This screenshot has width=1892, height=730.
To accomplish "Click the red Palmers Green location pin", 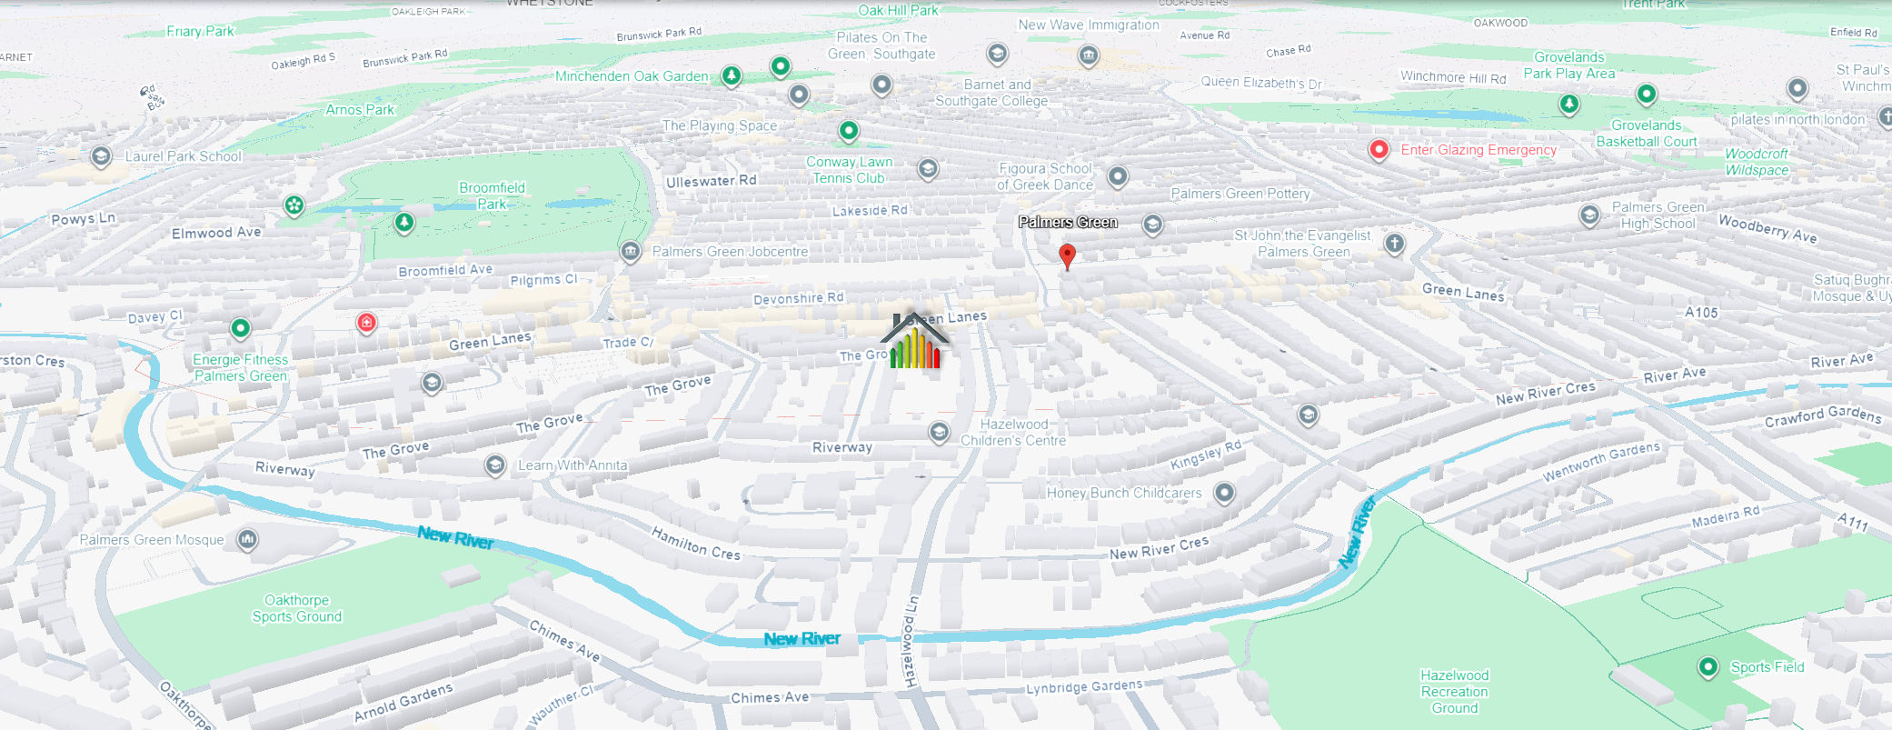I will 1068,255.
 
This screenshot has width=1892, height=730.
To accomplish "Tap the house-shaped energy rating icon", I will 915,342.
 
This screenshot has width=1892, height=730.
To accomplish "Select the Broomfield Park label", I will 492,195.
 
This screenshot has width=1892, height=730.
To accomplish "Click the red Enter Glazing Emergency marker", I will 1379,150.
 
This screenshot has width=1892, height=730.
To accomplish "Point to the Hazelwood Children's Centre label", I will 1013,433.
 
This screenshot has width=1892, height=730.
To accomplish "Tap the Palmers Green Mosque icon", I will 247,540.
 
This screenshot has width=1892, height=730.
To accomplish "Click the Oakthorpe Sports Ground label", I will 297,608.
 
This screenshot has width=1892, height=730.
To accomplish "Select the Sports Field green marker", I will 1708,667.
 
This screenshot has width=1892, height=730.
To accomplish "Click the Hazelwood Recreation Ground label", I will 1454,692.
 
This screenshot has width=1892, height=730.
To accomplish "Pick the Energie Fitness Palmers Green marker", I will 240,327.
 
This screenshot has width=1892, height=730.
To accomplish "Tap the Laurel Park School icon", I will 101,156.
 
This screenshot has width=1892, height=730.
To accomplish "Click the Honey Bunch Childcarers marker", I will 1225,493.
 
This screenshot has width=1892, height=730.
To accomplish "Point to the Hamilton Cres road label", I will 696,543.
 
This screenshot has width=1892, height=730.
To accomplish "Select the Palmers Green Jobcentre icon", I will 630,252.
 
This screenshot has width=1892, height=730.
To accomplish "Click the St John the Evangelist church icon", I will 1395,243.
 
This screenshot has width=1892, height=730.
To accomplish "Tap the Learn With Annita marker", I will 495,465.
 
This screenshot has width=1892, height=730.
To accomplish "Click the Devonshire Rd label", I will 798,298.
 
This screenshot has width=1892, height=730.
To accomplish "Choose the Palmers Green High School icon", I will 1589,215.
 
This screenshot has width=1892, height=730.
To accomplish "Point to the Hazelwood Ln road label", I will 910,641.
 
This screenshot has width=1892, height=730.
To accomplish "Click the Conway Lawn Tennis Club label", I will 849,170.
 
